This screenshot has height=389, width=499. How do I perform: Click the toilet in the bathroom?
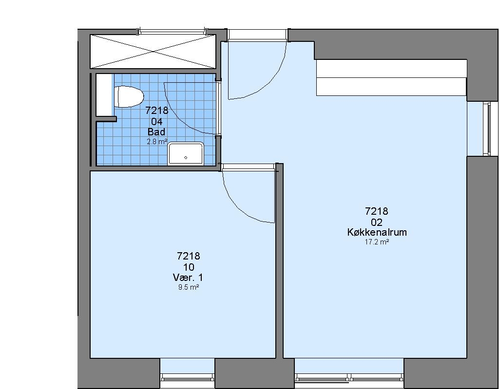click(x=129, y=97)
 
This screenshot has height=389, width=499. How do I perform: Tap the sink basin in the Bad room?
click(x=186, y=154)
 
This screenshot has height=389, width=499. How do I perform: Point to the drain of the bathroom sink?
click(x=186, y=157)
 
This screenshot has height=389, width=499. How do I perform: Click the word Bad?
click(x=156, y=131)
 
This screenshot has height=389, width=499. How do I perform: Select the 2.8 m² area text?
click(x=157, y=142)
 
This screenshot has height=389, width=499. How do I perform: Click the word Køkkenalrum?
click(x=377, y=232)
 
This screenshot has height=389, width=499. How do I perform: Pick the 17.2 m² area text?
click(x=377, y=242)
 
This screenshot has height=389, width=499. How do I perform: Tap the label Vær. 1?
click(x=188, y=278)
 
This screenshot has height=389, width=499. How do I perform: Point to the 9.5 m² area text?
click(x=189, y=288)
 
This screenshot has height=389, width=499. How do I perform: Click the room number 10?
click(x=189, y=267)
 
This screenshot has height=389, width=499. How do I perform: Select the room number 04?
click(x=156, y=122)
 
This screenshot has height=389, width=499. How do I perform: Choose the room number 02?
click(x=377, y=222)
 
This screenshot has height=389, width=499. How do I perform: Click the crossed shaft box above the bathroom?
click(x=153, y=51)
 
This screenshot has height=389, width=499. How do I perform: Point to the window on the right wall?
click(x=487, y=129)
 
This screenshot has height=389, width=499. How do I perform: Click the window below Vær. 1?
click(x=187, y=377)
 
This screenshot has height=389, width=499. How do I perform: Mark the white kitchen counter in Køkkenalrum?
click(x=391, y=77)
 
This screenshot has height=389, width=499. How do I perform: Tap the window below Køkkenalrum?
click(x=349, y=377)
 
